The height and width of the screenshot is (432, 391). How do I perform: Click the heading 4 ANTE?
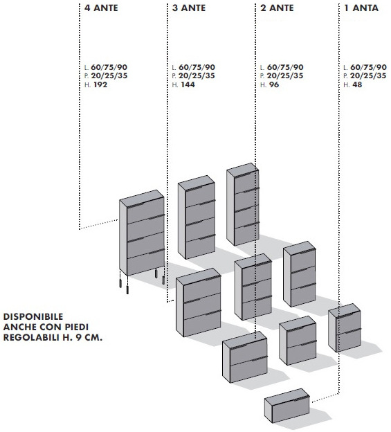pos(101,8)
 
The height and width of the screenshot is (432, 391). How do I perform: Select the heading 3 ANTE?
pos(189,8)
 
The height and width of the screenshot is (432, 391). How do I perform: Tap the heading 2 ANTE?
pos(278,8)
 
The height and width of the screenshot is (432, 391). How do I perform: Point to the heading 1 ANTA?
pos(361,8)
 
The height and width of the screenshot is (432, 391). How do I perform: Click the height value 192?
pos(100,84)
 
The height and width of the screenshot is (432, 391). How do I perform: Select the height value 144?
pos(188,84)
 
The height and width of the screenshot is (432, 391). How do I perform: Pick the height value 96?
pos(274,84)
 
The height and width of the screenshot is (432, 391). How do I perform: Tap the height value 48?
pos(357,84)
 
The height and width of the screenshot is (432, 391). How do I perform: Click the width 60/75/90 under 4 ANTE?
pos(109,67)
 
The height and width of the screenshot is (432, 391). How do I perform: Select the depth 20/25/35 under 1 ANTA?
pos(368,75)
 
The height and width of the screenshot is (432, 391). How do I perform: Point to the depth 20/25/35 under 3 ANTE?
pos(197,75)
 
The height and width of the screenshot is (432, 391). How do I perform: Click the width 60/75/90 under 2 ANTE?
pos(285,67)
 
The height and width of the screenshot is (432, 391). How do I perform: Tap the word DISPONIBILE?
pos(33,316)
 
